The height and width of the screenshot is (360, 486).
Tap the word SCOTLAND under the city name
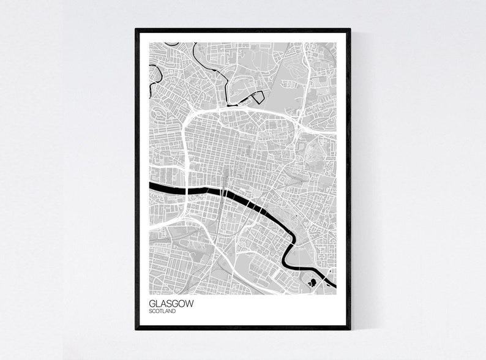point(162,311)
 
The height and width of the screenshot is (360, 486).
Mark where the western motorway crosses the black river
point(185,189)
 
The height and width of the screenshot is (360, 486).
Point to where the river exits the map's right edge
point(334,284)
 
